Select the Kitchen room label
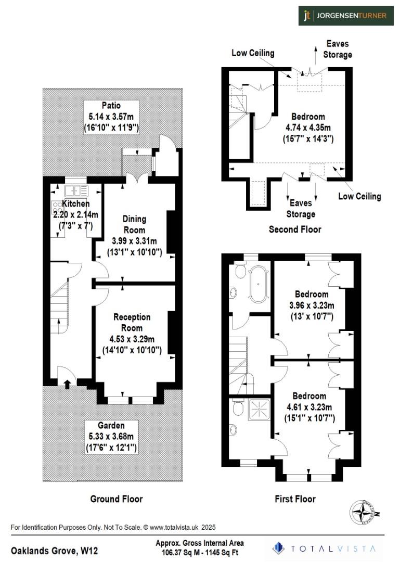[x=76, y=203]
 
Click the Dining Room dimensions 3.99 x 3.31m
[x=134, y=241]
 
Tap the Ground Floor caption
[x=117, y=499]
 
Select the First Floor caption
[x=295, y=499]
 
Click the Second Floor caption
[x=295, y=229]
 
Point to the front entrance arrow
[x=67, y=384]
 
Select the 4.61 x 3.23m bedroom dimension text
[x=309, y=407]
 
